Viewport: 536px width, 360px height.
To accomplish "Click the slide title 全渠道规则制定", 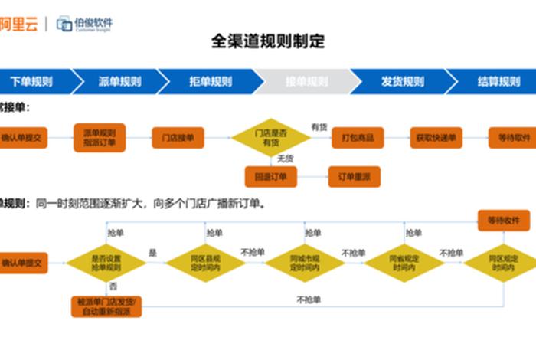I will [267, 41].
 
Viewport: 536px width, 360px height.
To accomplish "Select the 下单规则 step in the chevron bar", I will [32, 81].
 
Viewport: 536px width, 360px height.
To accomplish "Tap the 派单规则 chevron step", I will [120, 81].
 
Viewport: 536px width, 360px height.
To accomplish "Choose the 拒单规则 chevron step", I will [211, 81].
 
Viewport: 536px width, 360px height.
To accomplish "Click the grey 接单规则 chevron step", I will [306, 81].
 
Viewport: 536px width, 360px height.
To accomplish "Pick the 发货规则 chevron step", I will [402, 81].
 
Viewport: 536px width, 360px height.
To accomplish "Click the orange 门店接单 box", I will [178, 138].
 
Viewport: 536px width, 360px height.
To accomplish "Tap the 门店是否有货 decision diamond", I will [270, 138].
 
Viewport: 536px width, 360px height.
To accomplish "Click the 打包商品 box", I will [357, 138].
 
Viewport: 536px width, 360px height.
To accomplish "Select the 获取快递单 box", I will [436, 138].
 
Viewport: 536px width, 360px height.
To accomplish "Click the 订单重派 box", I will [354, 177].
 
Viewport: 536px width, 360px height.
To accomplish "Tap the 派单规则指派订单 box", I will [100, 138].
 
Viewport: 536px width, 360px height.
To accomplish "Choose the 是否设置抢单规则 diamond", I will [106, 263].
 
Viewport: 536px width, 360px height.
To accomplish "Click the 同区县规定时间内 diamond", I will [205, 263].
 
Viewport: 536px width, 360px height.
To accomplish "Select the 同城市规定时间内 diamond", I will [304, 263].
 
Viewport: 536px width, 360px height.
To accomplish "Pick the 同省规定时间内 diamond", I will [404, 263].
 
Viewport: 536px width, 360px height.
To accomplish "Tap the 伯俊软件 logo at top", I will [84, 24].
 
